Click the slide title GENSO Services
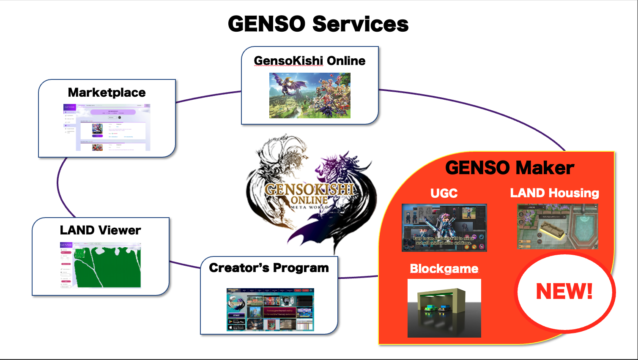pyautogui.click(x=318, y=24)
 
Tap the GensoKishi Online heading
pyautogui.click(x=309, y=61)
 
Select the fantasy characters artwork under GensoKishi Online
pyautogui.click(x=310, y=95)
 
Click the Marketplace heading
pyautogui.click(x=107, y=93)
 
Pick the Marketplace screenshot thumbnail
pyautogui.click(x=107, y=127)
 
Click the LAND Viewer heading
pyautogui.click(x=100, y=230)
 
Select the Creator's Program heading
pyautogui.click(x=269, y=268)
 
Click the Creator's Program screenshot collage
pyautogui.click(x=270, y=309)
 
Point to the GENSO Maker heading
pyautogui.click(x=509, y=168)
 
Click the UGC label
pyautogui.click(x=444, y=193)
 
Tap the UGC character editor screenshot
pyautogui.click(x=444, y=228)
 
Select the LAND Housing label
pyautogui.click(x=554, y=193)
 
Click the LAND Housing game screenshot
pyautogui.click(x=558, y=226)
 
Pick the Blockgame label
pyautogui.click(x=444, y=269)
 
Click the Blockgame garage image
pyautogui.click(x=444, y=308)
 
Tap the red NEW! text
pyautogui.click(x=564, y=291)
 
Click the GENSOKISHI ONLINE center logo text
pyautogui.click(x=309, y=194)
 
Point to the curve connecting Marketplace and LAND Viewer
pyautogui.click(x=58, y=186)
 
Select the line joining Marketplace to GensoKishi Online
pyautogui.click(x=208, y=96)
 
